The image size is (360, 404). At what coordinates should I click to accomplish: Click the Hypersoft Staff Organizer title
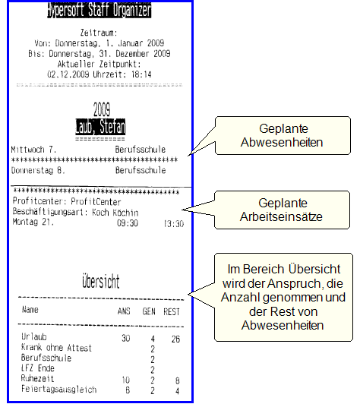[99, 10]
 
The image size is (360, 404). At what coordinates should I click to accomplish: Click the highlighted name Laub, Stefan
[100, 127]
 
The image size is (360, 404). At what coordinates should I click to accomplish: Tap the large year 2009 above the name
[102, 109]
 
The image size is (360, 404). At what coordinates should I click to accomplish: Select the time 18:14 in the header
[141, 74]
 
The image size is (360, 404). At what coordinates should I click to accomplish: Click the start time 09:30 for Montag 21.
[128, 223]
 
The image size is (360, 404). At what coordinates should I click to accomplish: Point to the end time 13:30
[174, 223]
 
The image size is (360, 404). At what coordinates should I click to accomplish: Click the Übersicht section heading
[101, 281]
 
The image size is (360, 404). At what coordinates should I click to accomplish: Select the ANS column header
[124, 311]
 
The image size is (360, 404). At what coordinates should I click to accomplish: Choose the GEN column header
[149, 311]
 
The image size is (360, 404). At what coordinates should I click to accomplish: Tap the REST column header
[172, 312]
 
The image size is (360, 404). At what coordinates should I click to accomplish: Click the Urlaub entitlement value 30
[126, 338]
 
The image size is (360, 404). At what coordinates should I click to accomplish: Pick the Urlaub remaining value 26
[175, 339]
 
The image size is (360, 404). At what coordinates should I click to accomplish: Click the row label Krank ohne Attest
[56, 348]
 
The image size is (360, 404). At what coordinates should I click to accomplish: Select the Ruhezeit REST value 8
[178, 380]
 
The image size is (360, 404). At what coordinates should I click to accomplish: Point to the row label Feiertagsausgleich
[59, 389]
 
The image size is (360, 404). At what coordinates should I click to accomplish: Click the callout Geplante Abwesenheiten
[283, 135]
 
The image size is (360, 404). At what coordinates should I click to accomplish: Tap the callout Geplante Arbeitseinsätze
[282, 210]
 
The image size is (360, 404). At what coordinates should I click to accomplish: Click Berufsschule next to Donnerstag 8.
[141, 170]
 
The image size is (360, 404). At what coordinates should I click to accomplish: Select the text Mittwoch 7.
[33, 150]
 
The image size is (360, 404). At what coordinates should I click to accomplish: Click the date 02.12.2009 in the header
[68, 74]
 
